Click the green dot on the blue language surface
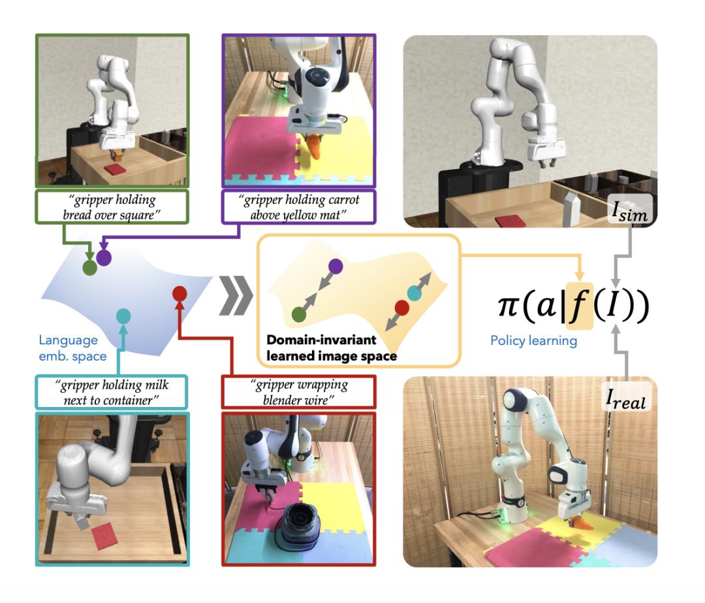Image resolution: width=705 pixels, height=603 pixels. [89, 268]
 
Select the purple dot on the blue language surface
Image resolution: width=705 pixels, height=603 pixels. [104, 258]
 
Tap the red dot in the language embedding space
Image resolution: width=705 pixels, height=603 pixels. [180, 293]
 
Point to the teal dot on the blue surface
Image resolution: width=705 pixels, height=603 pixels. [123, 316]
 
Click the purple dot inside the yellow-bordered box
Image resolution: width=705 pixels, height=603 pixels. [336, 267]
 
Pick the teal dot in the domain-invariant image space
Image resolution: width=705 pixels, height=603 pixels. [414, 293]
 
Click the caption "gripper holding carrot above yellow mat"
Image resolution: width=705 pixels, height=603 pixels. [299, 207]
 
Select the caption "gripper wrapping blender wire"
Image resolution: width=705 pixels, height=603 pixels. [299, 393]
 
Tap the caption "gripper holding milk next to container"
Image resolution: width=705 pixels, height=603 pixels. [112, 393]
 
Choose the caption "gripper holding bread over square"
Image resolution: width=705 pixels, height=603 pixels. [112, 207]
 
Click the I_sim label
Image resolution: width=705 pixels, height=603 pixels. [630, 210]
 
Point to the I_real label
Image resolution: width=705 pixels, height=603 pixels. [626, 398]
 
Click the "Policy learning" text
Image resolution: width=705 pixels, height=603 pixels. [534, 340]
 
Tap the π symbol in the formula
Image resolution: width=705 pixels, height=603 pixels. [509, 305]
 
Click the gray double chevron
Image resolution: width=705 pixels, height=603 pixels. [236, 295]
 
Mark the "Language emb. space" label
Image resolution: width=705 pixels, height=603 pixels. [72, 348]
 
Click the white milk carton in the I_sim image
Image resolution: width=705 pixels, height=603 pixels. [569, 208]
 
